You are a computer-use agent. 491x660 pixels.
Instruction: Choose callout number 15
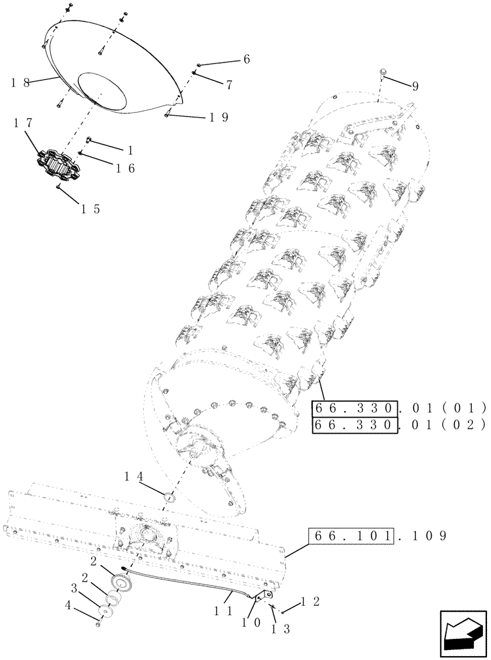click(x=90, y=209)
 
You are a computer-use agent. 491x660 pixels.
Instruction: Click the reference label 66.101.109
click(x=377, y=536)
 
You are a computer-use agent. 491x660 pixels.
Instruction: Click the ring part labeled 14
click(x=170, y=496)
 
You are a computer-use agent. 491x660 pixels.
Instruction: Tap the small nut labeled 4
click(x=98, y=624)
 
